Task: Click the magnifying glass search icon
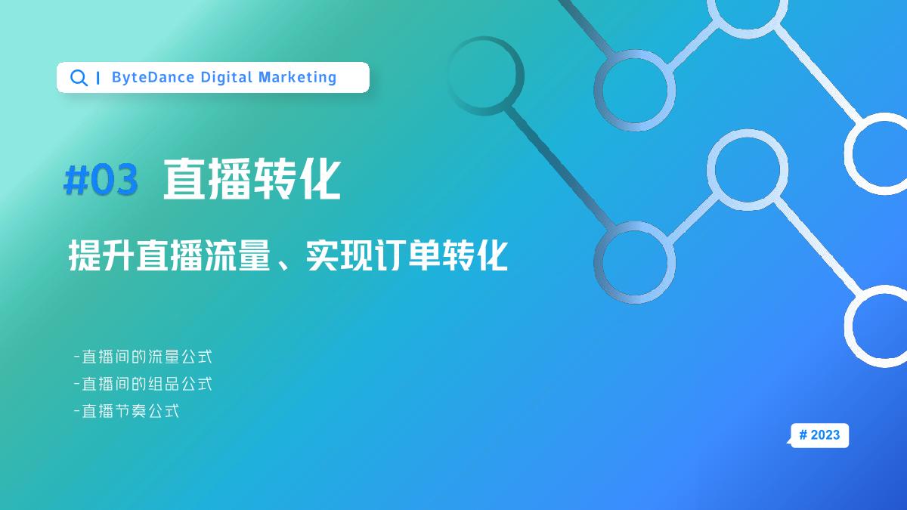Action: click(x=78, y=78)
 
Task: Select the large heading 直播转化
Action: click(x=252, y=180)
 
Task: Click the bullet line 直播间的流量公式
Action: click(x=144, y=356)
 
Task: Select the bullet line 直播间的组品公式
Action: click(x=144, y=384)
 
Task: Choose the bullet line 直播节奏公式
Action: click(x=127, y=412)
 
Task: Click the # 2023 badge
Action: click(x=819, y=435)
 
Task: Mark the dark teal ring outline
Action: click(x=485, y=76)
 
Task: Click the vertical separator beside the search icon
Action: click(x=99, y=78)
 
